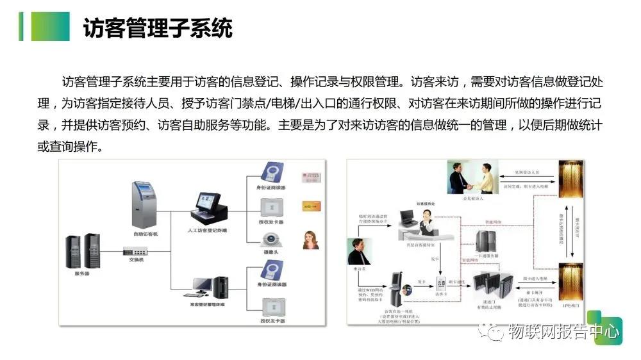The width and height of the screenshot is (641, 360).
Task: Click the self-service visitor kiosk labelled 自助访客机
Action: point(145,205)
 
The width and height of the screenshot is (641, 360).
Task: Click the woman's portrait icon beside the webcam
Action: point(311,239)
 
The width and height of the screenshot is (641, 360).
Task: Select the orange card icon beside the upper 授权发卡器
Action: point(311,206)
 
